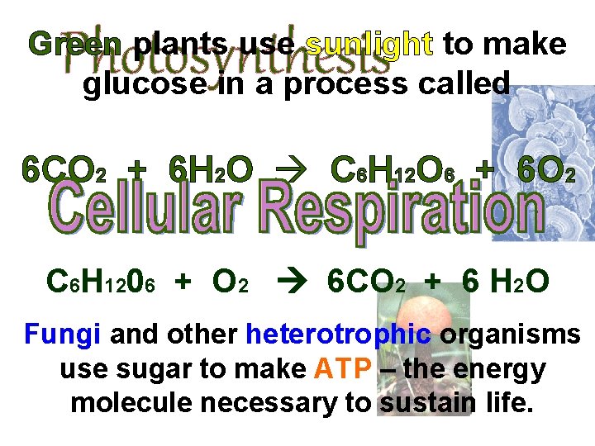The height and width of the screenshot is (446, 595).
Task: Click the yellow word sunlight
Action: pyautogui.click(x=369, y=45)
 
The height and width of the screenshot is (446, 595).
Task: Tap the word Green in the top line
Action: pyautogui.click(x=75, y=45)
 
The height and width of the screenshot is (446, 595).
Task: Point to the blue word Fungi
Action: pyautogui.click(x=62, y=334)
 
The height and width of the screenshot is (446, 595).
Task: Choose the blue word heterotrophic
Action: pyautogui.click(x=338, y=334)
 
